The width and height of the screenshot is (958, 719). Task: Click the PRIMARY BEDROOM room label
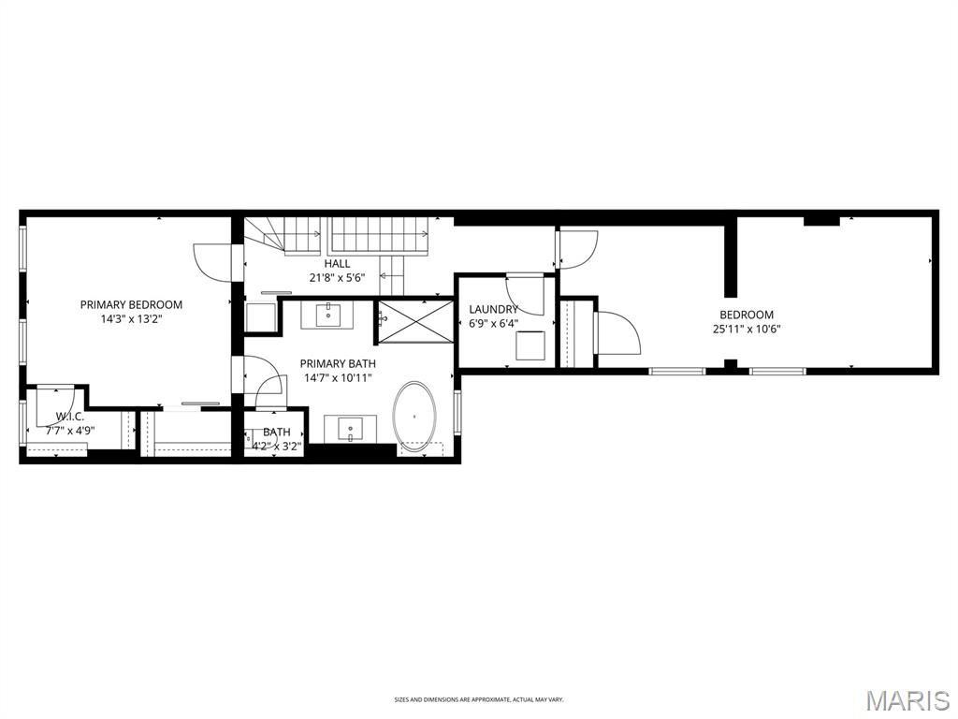pyautogui.click(x=131, y=304)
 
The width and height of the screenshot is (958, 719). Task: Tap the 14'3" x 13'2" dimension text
pyautogui.click(x=131, y=319)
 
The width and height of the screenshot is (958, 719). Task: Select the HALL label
pyautogui.click(x=338, y=264)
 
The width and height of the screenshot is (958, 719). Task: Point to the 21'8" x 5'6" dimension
pyautogui.click(x=338, y=278)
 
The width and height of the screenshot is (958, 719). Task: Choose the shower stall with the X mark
pyautogui.click(x=413, y=320)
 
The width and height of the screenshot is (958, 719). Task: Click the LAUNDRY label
pyautogui.click(x=493, y=309)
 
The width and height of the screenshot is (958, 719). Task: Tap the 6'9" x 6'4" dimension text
pyautogui.click(x=493, y=324)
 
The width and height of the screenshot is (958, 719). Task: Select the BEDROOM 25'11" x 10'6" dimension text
pyautogui.click(x=747, y=329)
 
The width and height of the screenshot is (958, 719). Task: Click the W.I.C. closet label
pyautogui.click(x=70, y=417)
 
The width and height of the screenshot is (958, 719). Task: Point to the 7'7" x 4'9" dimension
pyautogui.click(x=70, y=432)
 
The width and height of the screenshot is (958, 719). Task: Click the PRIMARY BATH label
pyautogui.click(x=338, y=363)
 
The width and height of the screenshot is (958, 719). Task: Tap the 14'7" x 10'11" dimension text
pyautogui.click(x=338, y=378)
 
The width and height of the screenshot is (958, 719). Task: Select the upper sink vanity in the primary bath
pyautogui.click(x=328, y=315)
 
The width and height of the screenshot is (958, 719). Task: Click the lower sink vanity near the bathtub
pyautogui.click(x=351, y=430)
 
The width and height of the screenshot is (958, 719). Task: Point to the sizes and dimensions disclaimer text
pyautogui.click(x=479, y=699)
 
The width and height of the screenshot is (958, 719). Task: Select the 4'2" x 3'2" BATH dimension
pyautogui.click(x=276, y=447)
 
